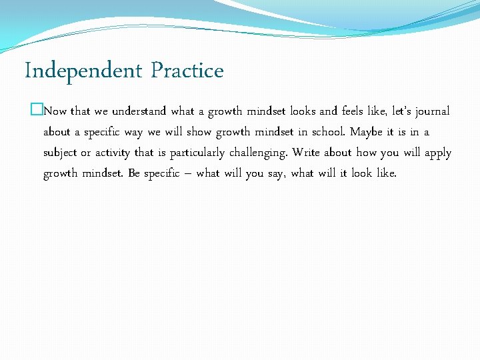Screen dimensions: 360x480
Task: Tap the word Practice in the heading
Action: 187,70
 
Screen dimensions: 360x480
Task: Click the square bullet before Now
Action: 36,111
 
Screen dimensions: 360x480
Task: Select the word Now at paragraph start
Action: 55,111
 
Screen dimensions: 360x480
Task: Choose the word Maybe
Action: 367,133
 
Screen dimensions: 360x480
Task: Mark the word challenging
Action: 259,153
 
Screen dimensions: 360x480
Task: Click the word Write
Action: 306,153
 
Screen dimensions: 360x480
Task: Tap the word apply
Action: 438,153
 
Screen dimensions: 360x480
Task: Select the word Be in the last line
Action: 133,174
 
